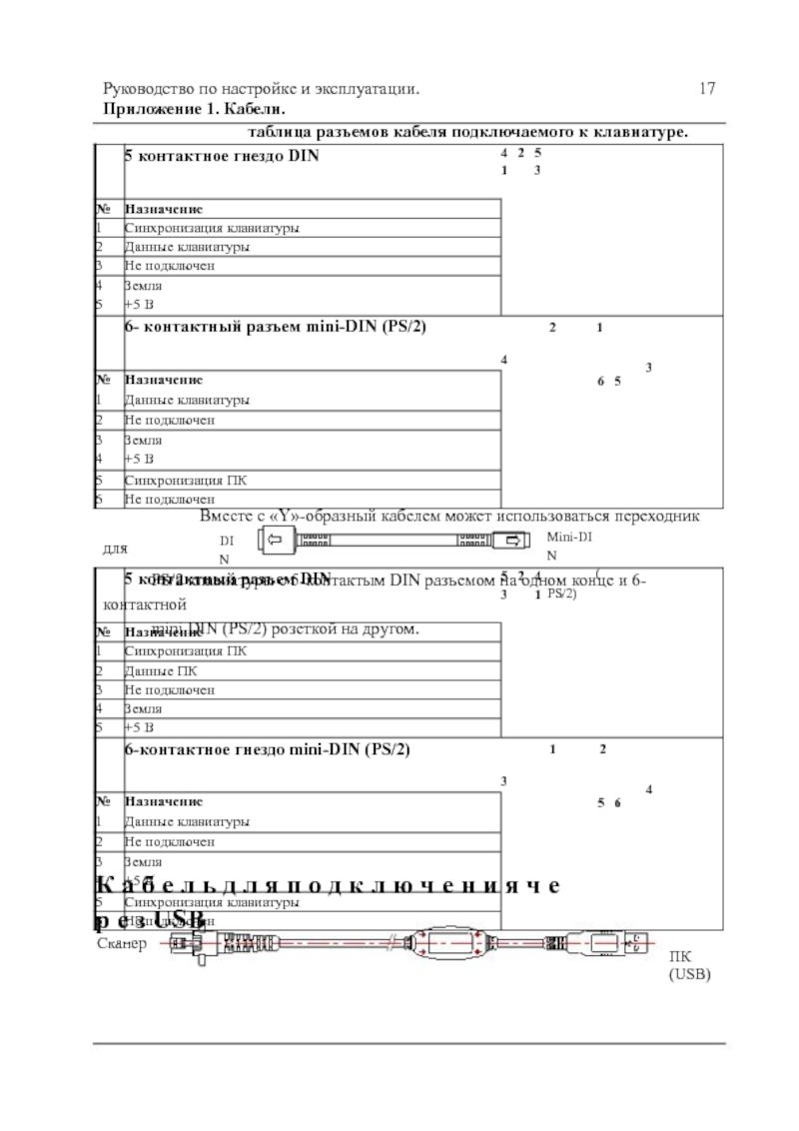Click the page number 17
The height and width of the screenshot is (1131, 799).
(x=708, y=90)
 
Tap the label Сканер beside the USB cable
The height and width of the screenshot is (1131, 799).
(x=122, y=942)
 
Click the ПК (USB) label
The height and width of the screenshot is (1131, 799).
(x=690, y=964)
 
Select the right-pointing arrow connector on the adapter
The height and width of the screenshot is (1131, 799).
(x=513, y=542)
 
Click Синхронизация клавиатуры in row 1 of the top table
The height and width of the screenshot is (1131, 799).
(x=211, y=228)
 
